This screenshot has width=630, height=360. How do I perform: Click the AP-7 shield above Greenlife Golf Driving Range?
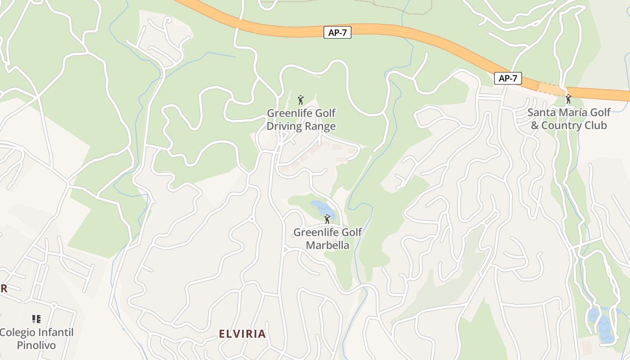337,32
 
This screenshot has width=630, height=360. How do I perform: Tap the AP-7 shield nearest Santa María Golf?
508,78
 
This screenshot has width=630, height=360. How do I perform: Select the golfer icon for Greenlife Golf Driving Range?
301,99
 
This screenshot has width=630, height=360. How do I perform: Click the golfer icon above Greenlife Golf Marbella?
327,220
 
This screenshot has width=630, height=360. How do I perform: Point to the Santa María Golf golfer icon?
568,99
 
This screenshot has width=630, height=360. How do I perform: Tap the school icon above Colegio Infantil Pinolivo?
36,319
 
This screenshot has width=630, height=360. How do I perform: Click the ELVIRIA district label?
242,334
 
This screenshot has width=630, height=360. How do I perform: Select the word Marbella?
327,245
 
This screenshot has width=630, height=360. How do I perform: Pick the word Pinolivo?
36,345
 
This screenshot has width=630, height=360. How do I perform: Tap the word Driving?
283,126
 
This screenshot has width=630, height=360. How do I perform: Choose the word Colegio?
18,333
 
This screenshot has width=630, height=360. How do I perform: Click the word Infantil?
57,333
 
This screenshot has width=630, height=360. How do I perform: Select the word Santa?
542,112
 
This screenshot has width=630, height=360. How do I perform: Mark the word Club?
597,126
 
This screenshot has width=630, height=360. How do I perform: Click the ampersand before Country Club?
535,126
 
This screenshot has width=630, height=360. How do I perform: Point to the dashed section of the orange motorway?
552,88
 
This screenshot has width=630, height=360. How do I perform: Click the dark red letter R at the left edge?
4,289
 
